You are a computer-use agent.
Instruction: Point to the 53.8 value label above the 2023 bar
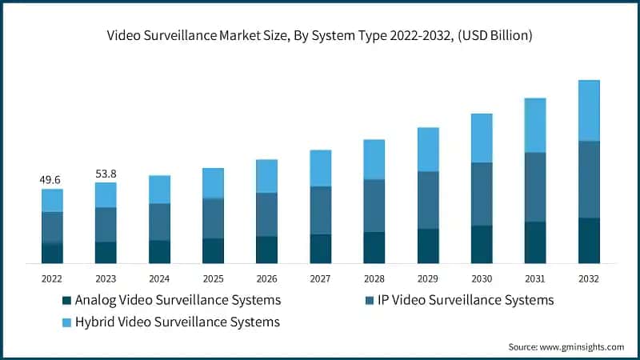click(x=106, y=174)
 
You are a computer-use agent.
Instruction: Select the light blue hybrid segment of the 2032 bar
click(x=589, y=110)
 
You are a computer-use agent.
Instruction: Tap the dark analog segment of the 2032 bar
click(x=589, y=240)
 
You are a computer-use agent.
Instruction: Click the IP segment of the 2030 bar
click(x=482, y=194)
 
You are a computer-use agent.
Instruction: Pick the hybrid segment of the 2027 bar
click(x=321, y=168)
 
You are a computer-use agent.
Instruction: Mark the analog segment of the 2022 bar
click(x=52, y=253)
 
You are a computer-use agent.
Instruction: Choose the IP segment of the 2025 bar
click(x=213, y=218)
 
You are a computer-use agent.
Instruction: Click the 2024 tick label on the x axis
click(x=159, y=278)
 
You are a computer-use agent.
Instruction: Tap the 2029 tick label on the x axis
click(x=428, y=278)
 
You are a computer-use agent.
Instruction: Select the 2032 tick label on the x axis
click(x=589, y=278)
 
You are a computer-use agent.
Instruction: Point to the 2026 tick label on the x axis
click(x=266, y=278)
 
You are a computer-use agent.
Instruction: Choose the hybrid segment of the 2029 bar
click(x=428, y=150)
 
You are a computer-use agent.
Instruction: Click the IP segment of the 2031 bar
click(x=535, y=186)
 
